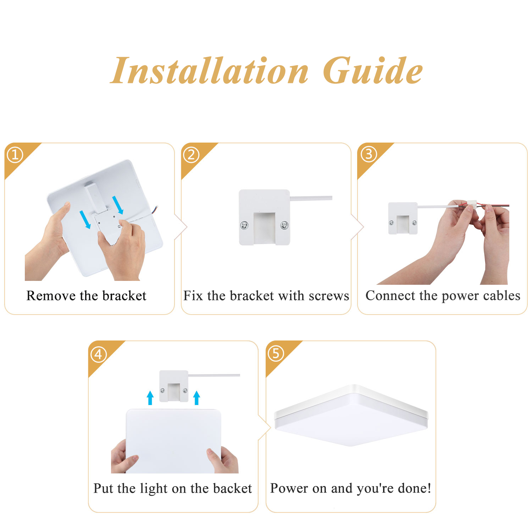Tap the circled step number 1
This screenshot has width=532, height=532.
(x=15, y=155)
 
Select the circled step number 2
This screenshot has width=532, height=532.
(x=191, y=155)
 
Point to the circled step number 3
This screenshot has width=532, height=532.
(x=368, y=154)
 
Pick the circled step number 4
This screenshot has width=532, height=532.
(x=99, y=354)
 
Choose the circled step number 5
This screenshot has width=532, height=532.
(x=276, y=354)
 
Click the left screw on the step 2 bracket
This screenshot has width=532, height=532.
(x=244, y=225)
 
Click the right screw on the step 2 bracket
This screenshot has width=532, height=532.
(x=284, y=225)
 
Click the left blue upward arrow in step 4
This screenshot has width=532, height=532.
(x=150, y=398)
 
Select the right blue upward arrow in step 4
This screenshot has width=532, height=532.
(x=197, y=398)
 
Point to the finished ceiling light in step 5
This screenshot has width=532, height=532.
(x=351, y=415)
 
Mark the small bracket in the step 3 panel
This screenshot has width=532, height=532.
(x=403, y=218)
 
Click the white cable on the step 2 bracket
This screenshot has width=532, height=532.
(x=311, y=198)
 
